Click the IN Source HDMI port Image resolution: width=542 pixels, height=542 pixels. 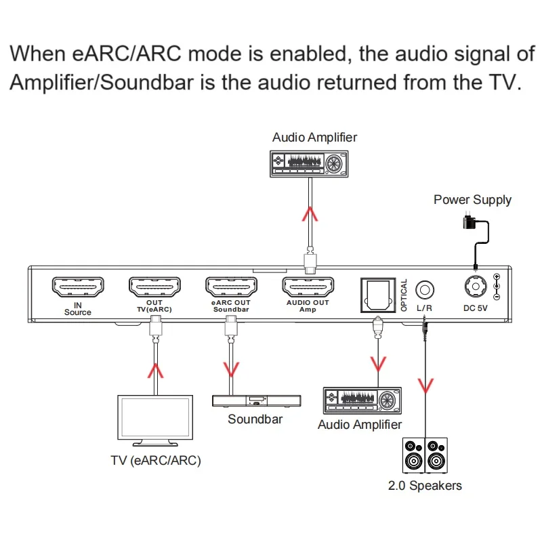click(78, 287)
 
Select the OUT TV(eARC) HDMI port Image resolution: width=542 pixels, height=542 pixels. click(154, 287)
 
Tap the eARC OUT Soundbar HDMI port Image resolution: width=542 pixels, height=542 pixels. click(231, 287)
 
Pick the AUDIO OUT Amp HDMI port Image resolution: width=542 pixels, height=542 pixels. click(308, 287)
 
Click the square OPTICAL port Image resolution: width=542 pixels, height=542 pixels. click(378, 295)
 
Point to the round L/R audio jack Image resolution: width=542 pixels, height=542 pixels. click(425, 290)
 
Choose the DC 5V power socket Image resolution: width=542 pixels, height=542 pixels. click(476, 286)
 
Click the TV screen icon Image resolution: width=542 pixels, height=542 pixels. click(155, 421)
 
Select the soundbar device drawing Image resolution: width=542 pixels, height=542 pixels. click(257, 400)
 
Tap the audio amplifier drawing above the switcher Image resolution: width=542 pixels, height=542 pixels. click(309, 164)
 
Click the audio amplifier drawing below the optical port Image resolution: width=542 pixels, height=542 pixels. click(362, 400)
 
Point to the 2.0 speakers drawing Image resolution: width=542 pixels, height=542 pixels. click(425, 455)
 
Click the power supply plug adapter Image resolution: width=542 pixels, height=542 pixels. click(468, 221)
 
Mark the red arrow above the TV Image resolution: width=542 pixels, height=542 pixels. click(156, 371)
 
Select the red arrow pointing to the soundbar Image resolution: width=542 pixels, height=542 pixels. click(231, 369)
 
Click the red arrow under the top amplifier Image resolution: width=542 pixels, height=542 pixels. click(310, 214)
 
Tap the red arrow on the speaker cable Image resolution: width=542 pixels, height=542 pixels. click(425, 386)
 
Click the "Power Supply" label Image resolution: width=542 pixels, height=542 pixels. click(472, 200)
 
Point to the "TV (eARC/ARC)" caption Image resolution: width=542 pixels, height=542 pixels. click(156, 461)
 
